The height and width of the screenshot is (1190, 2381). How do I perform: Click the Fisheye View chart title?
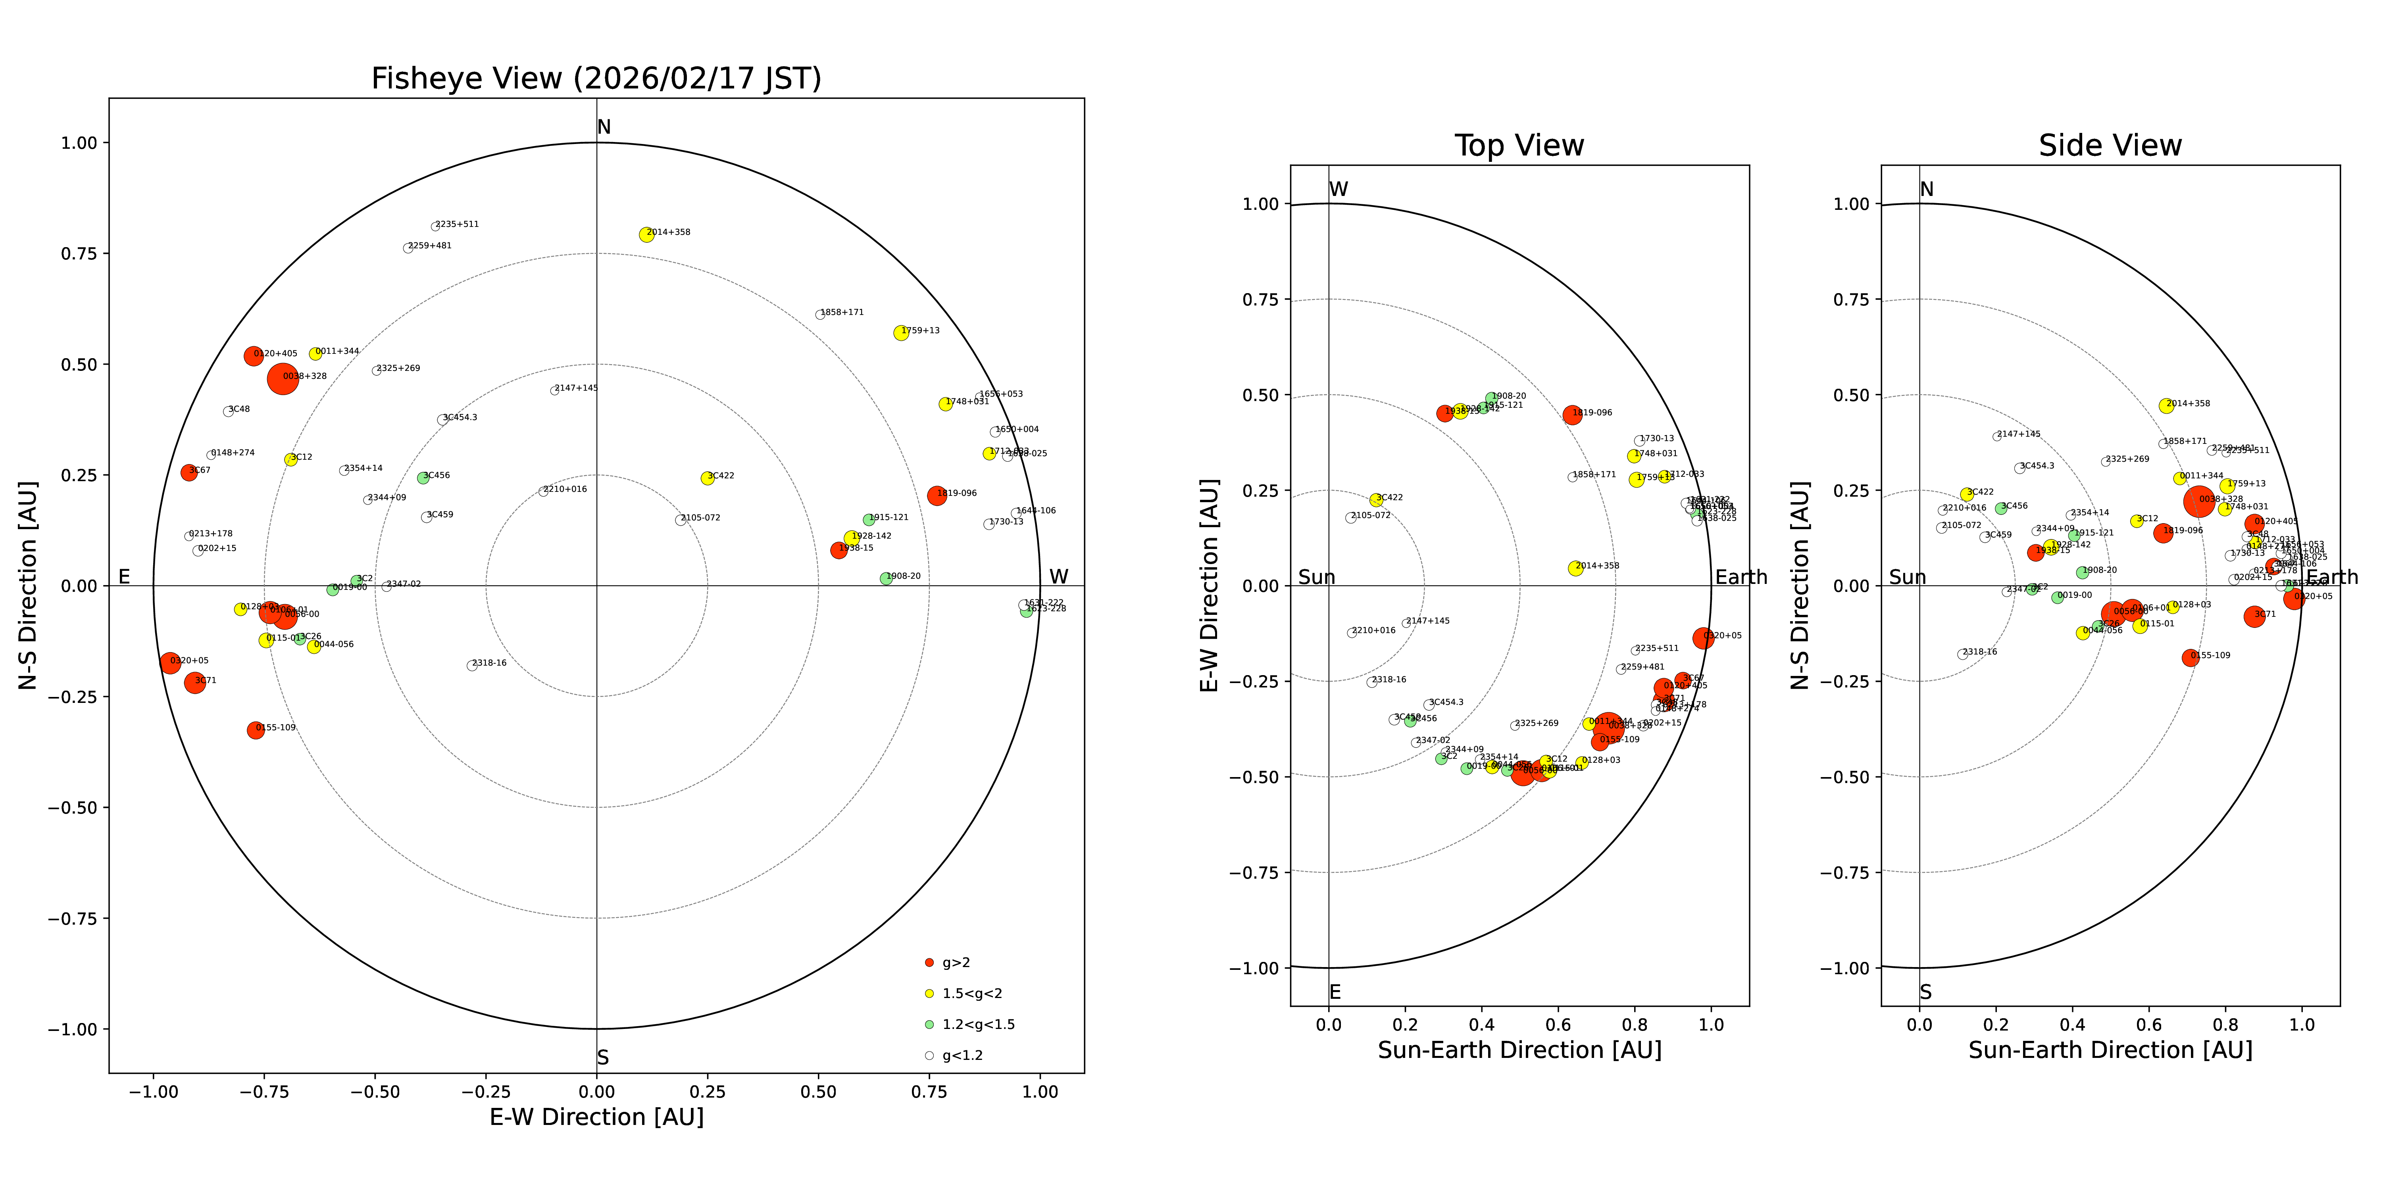point(596,79)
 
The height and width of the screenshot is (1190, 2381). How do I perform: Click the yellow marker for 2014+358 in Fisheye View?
point(646,235)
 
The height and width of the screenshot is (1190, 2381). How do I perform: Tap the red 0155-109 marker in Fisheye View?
point(255,730)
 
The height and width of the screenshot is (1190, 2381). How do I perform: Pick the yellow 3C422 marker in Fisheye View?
point(707,478)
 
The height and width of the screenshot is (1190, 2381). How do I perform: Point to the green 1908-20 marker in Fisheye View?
point(885,578)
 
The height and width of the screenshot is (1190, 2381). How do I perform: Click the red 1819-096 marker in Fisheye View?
point(936,495)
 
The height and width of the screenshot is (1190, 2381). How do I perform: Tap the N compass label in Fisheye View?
point(604,127)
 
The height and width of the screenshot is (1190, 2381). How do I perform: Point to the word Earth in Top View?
point(1741,578)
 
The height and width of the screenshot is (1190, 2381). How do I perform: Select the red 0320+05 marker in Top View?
point(1702,637)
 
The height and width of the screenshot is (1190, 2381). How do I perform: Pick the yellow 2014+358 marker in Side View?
point(2166,406)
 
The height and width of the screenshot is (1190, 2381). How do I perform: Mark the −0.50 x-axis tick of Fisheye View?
point(374,1092)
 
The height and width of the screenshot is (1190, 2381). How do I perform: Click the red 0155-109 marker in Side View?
point(2190,658)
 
